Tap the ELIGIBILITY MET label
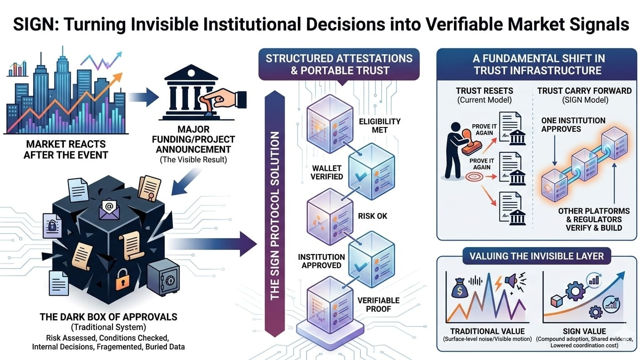(379, 125)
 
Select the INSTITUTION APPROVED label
(321, 261)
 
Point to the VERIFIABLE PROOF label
(378, 304)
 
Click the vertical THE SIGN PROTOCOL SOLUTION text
(275, 216)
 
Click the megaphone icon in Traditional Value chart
(511, 281)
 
